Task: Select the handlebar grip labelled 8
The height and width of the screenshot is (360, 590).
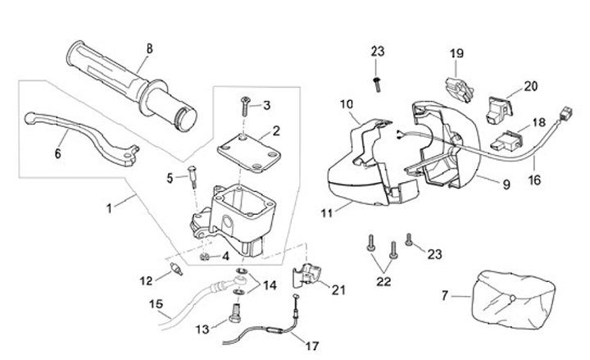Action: tap(132, 86)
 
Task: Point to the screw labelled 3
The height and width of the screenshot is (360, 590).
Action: tap(244, 107)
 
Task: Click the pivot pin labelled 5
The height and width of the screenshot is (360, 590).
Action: tap(193, 177)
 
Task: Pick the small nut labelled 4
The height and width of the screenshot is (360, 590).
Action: tap(204, 257)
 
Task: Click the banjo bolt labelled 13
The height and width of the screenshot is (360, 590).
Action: tap(235, 313)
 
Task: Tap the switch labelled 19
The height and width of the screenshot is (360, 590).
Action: tap(459, 89)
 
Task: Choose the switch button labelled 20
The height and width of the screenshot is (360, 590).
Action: tap(500, 110)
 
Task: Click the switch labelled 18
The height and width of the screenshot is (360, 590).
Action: tap(506, 141)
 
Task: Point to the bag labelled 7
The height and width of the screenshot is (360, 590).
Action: tap(513, 299)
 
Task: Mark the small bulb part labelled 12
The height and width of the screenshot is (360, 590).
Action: tap(176, 269)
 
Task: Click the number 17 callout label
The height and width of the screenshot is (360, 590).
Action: tap(312, 346)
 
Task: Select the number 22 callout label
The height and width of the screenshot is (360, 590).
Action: tap(383, 281)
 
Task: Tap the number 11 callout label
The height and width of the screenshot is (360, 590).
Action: tap(327, 213)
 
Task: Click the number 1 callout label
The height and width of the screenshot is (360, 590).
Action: tap(109, 208)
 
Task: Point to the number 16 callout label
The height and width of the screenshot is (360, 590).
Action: tap(534, 180)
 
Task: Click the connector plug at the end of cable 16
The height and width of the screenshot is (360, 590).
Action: tap(565, 113)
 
